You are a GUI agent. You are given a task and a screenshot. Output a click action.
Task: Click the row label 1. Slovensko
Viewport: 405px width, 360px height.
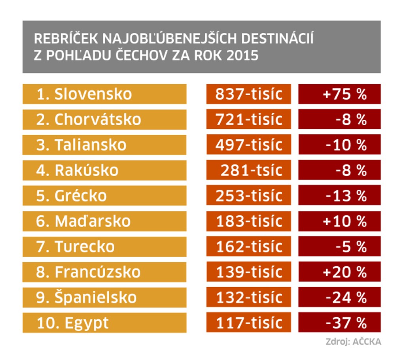[104, 94]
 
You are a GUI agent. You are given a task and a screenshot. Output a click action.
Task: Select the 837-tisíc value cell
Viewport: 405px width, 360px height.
[248, 94]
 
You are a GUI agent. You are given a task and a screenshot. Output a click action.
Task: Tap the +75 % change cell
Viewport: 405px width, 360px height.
[339, 94]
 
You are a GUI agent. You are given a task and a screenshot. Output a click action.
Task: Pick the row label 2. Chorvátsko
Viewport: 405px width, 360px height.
[104, 119]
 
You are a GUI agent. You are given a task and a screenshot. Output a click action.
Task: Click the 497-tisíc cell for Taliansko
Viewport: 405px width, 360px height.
[248, 145]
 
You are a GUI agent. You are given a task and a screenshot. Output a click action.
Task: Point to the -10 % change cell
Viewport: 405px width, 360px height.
[339, 145]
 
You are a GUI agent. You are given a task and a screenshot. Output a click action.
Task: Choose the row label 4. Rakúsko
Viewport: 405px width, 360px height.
[104, 170]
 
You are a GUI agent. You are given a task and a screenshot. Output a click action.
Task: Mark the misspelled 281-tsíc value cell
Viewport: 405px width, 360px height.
[248, 170]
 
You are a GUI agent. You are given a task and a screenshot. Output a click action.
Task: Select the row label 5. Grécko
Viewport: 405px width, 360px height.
[104, 196]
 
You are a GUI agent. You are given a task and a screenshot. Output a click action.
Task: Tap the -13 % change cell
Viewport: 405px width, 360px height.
[339, 196]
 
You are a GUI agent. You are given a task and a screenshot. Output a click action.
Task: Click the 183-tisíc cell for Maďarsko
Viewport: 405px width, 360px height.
[248, 221]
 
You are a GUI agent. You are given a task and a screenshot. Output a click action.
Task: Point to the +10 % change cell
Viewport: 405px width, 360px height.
[339, 221]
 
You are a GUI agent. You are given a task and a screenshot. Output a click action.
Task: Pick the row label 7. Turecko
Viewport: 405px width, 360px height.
[104, 247]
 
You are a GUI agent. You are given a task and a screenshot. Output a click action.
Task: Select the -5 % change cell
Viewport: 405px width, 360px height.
[339, 247]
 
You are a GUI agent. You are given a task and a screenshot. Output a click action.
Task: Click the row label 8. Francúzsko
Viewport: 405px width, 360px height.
[104, 272]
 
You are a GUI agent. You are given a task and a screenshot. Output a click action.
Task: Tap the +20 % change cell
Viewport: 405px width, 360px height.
[339, 272]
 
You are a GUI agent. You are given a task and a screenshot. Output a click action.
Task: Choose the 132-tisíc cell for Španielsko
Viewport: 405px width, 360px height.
[248, 297]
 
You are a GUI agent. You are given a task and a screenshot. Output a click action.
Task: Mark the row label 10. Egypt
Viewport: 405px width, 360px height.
[104, 322]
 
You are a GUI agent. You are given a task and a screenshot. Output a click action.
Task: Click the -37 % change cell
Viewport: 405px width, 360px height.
[339, 322]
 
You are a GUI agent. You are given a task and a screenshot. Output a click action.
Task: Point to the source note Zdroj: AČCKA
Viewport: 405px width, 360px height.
[353, 342]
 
